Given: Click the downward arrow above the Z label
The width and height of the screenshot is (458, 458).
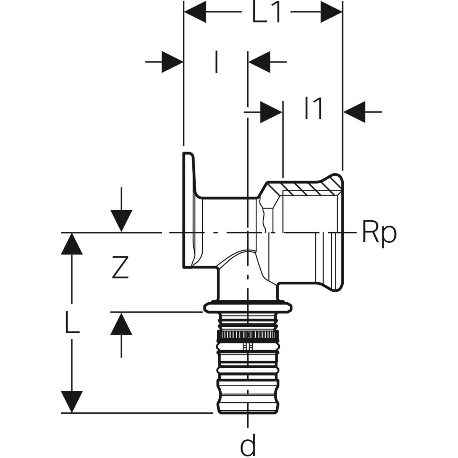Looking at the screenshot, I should click(121, 221).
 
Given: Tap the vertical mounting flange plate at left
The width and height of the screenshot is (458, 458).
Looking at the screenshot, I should click(188, 210).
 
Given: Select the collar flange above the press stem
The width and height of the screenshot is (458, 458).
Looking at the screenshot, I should click(248, 306).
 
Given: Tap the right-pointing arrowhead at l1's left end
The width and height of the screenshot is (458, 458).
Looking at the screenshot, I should click(271, 112).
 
